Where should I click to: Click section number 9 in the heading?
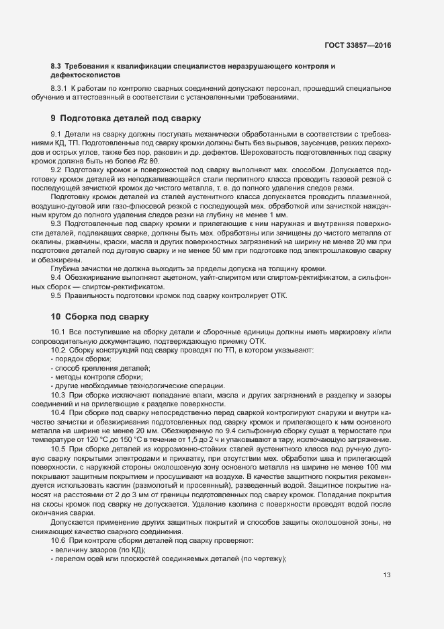(x=54, y=118)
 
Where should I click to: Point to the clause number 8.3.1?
(x=60, y=89)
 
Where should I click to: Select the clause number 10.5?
(x=58, y=447)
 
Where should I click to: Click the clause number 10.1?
(x=58, y=333)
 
